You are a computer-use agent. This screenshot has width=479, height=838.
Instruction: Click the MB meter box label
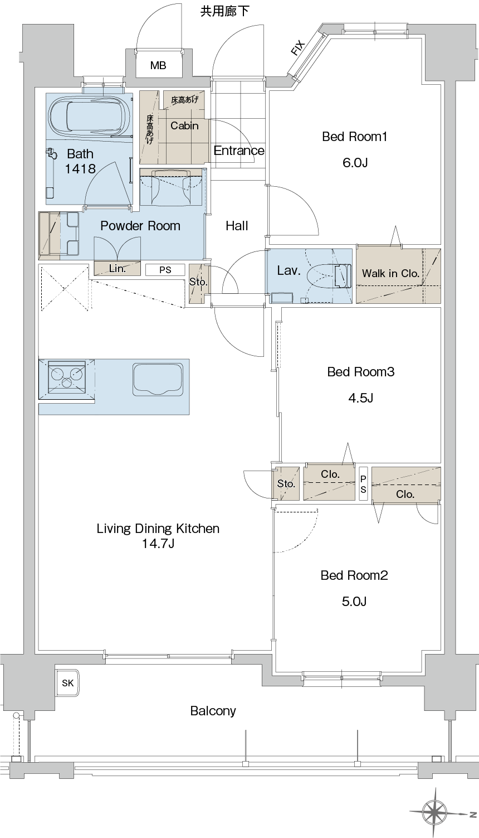[x=158, y=65]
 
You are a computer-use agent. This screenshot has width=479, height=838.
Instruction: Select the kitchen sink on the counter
[x=158, y=379]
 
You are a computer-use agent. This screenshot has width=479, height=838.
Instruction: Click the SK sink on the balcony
[x=67, y=683]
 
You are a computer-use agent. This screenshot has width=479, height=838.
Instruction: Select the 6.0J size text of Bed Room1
[x=355, y=163]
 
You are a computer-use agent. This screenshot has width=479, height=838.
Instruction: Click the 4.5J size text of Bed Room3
[x=360, y=398]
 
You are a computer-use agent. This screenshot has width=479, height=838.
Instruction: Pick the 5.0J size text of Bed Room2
[x=354, y=601]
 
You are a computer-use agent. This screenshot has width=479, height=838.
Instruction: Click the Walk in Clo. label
[x=390, y=273]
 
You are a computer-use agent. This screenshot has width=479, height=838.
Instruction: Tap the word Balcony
[x=213, y=711]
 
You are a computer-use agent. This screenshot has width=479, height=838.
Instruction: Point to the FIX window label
[x=298, y=48]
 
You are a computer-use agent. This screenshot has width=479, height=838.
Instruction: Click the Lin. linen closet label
[x=118, y=268]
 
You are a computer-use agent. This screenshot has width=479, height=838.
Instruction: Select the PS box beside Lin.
[x=165, y=270]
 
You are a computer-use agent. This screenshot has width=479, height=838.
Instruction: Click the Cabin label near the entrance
[x=184, y=125]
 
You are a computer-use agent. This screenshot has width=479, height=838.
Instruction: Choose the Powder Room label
[x=140, y=226]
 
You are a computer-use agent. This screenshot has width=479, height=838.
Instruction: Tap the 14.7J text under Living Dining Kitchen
[x=158, y=544]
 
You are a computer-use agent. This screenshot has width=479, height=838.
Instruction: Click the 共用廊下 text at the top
[x=225, y=11]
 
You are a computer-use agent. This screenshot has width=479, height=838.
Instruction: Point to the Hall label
[x=237, y=226]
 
